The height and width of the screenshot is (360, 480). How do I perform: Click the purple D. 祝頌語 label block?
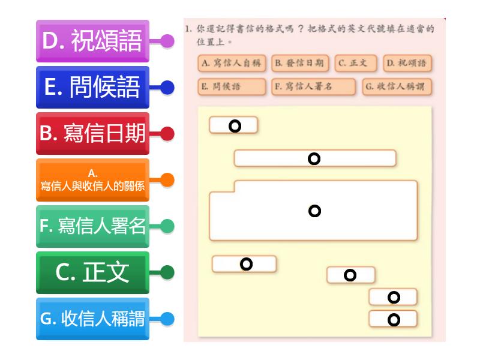pyautogui.click(x=92, y=41)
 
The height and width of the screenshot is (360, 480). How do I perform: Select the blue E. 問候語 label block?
pyautogui.click(x=92, y=87)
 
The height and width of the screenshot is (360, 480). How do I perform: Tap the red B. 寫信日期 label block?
pyautogui.click(x=92, y=133)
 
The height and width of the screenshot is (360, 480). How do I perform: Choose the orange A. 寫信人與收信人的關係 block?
pyautogui.click(x=92, y=180)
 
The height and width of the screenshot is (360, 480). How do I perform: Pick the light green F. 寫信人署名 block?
pyautogui.click(x=92, y=226)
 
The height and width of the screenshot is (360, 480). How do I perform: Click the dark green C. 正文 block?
pyautogui.click(x=92, y=272)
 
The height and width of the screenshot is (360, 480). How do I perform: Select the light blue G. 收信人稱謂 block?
pyautogui.click(x=92, y=319)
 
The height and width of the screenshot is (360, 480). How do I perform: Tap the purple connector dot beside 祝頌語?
pyautogui.click(x=167, y=41)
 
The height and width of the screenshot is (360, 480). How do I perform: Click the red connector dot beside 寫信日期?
pyautogui.click(x=167, y=134)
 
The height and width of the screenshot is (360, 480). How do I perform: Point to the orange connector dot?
pyautogui.click(x=167, y=180)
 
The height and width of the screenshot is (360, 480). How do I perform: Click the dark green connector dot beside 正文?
pyautogui.click(x=167, y=272)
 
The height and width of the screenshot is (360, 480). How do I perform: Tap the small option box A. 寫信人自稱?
pyautogui.click(x=232, y=64)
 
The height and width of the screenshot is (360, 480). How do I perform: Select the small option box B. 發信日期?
pyautogui.click(x=300, y=64)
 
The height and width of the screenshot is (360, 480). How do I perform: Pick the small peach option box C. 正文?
pyautogui.click(x=356, y=64)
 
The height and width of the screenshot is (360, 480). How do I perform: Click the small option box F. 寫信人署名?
pyautogui.click(x=313, y=86)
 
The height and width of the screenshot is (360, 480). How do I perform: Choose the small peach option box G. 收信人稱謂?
pyautogui.click(x=397, y=86)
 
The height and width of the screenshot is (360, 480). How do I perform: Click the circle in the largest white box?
pyautogui.click(x=314, y=211)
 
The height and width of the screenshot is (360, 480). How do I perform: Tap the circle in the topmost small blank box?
pyautogui.click(x=235, y=126)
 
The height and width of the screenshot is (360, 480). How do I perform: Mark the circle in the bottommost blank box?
pyautogui.click(x=394, y=320)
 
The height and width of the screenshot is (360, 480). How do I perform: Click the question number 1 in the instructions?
pyautogui.click(x=187, y=29)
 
